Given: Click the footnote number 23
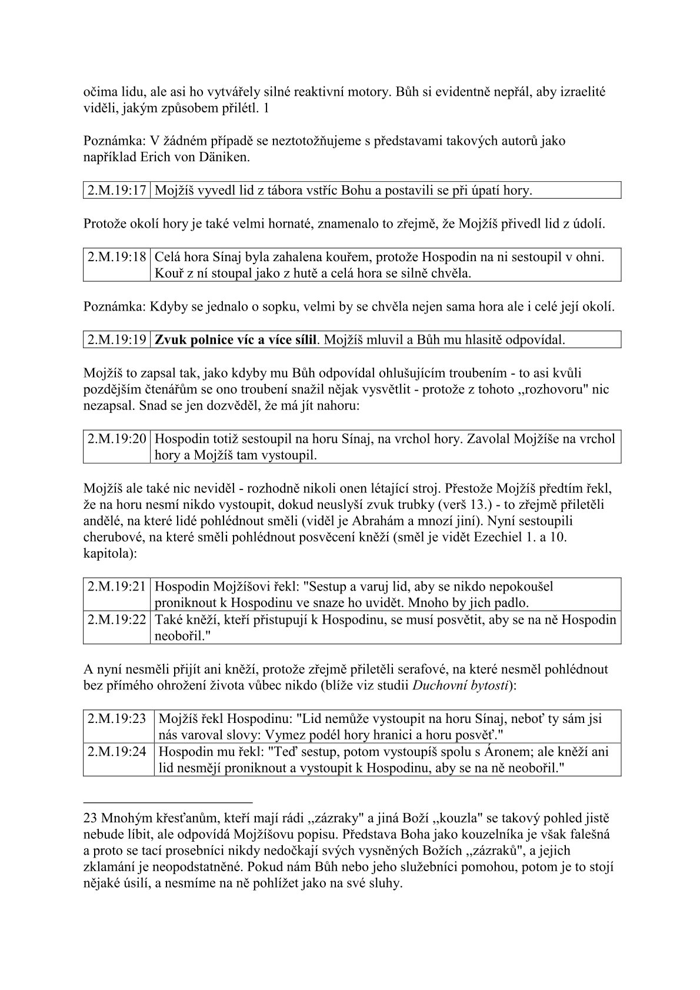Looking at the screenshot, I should click(91, 818).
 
